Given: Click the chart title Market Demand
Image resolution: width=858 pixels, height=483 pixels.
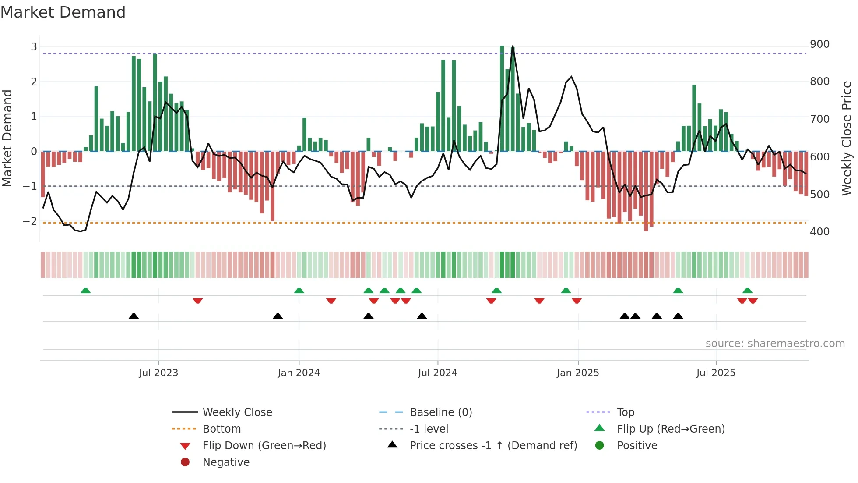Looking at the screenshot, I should click(x=63, y=12).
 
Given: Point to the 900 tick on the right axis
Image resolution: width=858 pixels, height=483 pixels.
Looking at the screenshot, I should click(x=819, y=44).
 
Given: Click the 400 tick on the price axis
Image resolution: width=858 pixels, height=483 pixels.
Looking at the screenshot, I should click(x=819, y=231).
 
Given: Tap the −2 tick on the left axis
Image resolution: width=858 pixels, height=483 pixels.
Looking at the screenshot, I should click(x=30, y=221).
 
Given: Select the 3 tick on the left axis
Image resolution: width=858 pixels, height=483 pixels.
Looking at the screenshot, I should click(x=34, y=47).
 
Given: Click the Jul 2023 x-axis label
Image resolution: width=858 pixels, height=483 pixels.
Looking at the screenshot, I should click(x=158, y=373).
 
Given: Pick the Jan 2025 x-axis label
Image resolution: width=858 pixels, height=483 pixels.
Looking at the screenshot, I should click(x=578, y=373).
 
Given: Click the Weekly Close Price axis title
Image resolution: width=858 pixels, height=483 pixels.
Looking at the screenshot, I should click(x=847, y=138).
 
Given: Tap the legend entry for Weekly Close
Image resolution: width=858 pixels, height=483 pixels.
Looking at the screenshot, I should click(x=237, y=412).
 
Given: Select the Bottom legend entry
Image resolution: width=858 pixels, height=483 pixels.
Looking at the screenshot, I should click(x=222, y=429).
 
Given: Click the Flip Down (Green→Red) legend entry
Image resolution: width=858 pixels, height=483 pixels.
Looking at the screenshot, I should click(x=264, y=446).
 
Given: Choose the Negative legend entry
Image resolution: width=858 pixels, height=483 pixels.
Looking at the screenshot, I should click(x=226, y=462).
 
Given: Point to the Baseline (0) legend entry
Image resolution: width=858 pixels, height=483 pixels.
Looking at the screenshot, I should click(x=441, y=412).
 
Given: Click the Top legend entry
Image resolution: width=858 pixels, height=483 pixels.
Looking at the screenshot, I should click(x=626, y=412).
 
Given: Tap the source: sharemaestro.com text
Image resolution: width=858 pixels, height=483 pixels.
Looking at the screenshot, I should click(x=775, y=344).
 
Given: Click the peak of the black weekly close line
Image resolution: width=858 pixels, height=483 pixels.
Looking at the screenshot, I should click(x=513, y=46).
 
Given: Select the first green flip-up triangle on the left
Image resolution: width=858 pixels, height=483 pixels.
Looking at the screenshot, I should click(x=86, y=291).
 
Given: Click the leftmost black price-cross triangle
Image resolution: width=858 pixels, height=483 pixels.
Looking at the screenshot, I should click(x=134, y=316).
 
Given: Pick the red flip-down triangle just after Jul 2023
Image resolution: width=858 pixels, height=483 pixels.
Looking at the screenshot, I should click(x=197, y=301).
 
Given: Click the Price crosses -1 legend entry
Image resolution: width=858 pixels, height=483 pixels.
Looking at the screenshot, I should click(x=493, y=446).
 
